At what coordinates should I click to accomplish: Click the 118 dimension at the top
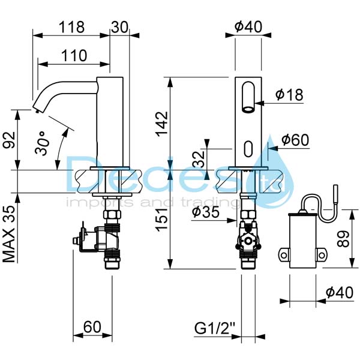tap(71, 27)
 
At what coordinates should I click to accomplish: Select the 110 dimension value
tap(73, 55)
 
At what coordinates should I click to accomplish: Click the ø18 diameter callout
tap(289, 94)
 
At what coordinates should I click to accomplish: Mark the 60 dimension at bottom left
tap(92, 327)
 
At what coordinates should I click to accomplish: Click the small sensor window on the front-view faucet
tap(248, 146)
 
